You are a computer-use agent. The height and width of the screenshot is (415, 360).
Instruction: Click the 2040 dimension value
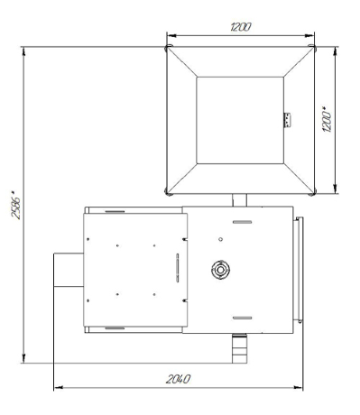click(x=178, y=379)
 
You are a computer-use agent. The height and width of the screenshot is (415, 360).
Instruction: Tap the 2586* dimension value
click(x=16, y=205)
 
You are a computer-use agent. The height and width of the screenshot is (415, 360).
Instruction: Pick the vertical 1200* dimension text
click(x=327, y=119)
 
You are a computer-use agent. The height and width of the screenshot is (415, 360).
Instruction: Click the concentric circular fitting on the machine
click(x=220, y=270)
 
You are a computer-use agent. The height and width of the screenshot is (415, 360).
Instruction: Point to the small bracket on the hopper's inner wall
click(x=287, y=120)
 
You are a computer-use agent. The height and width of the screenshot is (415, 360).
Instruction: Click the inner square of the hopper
click(x=240, y=120)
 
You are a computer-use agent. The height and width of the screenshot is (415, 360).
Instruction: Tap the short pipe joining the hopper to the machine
click(x=239, y=200)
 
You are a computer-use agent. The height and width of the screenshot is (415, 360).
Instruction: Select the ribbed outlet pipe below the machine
click(x=240, y=348)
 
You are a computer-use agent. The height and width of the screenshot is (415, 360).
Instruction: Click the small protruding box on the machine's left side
click(x=69, y=270)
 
